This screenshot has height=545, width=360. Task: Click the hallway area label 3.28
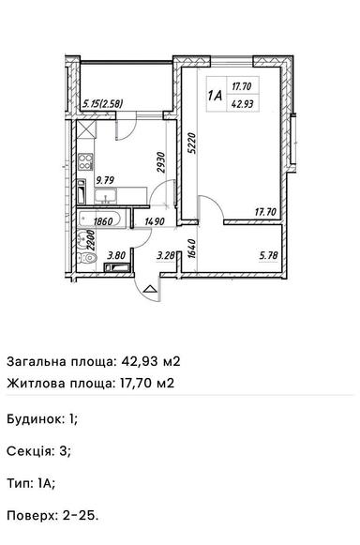coord(165,253)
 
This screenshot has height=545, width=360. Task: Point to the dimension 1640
coord(191,248)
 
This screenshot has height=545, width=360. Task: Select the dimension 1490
coord(155,223)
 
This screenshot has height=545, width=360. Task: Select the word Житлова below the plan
coord(35,382)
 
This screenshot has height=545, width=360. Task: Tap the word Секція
coord(28,449)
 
